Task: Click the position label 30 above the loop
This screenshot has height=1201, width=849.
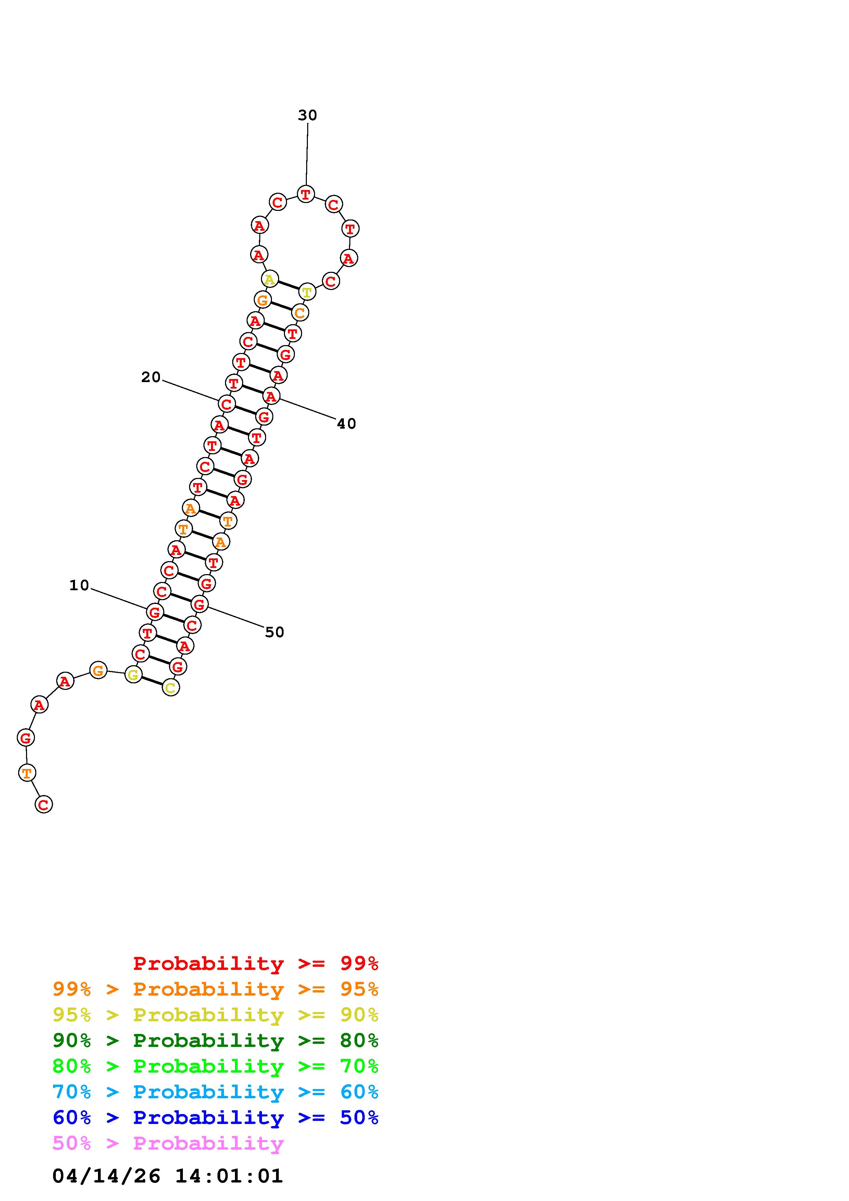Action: [307, 115]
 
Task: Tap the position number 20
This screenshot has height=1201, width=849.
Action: [151, 377]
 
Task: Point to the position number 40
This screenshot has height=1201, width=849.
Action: [346, 424]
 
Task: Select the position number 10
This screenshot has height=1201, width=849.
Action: [79, 585]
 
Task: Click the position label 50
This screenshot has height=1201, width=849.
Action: [275, 632]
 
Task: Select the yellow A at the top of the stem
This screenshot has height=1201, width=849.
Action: [270, 279]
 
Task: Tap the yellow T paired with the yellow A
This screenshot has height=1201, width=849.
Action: [307, 292]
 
